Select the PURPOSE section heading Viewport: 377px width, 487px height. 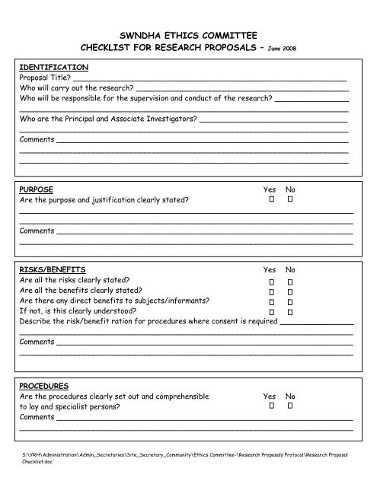pyautogui.click(x=37, y=188)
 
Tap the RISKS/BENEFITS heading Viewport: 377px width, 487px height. pyautogui.click(x=53, y=269)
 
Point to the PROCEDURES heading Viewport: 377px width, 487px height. pyautogui.click(x=44, y=386)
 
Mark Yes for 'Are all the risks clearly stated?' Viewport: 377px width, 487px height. pyautogui.click(x=270, y=281)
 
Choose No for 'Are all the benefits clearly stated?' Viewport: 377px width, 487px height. pyautogui.click(x=290, y=291)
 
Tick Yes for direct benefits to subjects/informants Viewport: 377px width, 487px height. pyautogui.click(x=270, y=301)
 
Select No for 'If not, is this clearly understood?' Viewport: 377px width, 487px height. pyautogui.click(x=290, y=312)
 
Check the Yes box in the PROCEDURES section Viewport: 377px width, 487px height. pyautogui.click(x=270, y=407)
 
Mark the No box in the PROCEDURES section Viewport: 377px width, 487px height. pyautogui.click(x=290, y=407)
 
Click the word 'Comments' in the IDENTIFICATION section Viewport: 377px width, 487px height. pyautogui.click(x=37, y=141)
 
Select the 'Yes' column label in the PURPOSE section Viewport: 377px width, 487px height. pyautogui.click(x=270, y=188)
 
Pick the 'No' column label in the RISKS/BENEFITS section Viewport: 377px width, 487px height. pyautogui.click(x=290, y=269)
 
